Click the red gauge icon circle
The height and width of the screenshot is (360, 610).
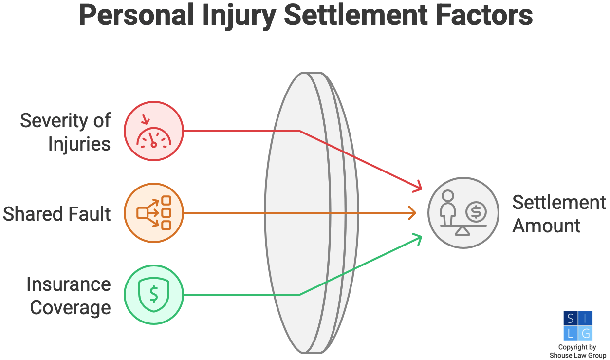[153, 131]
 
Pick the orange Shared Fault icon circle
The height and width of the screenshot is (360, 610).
[153, 213]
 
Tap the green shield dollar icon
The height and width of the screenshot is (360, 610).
[153, 294]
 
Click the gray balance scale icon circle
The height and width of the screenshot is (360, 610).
[463, 213]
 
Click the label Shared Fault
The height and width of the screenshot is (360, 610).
[57, 214]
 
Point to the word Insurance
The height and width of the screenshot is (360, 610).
[68, 284]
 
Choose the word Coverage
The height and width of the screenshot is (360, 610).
[70, 308]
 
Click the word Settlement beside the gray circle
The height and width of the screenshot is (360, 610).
[559, 202]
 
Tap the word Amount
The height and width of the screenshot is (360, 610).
[546, 226]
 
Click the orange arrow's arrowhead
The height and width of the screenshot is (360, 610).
[413, 213]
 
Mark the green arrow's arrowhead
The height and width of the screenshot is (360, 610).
[418, 236]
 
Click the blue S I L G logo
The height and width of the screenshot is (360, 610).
[577, 325]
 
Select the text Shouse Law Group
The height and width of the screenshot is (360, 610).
[578, 355]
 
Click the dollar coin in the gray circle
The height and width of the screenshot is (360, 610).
[476, 212]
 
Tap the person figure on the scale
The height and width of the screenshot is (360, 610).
[447, 207]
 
